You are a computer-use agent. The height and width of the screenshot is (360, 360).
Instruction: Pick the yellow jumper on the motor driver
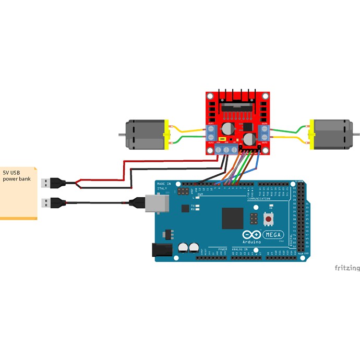pyautogui.click(x=222, y=140)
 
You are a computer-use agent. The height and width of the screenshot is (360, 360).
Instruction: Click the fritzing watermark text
pyautogui.click(x=347, y=268)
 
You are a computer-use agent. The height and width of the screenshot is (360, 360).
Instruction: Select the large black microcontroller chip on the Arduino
pyautogui.click(x=232, y=218)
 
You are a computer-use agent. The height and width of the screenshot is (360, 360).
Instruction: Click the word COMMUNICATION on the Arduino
pyautogui.click(x=259, y=199)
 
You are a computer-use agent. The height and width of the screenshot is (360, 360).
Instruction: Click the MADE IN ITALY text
pyautogui.click(x=163, y=187)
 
